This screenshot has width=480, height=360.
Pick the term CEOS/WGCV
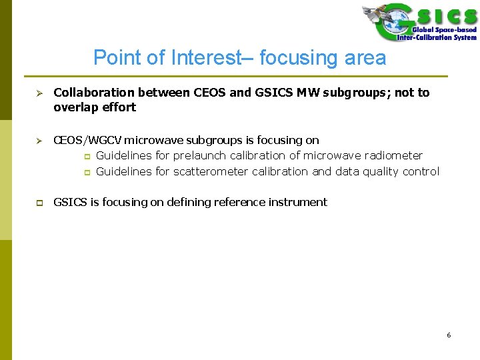pos(87,140)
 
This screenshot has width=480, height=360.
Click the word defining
pos(185,202)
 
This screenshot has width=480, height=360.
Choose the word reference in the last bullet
pos(237,202)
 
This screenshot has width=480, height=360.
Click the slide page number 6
pos(449,335)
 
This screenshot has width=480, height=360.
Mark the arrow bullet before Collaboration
pos(39,93)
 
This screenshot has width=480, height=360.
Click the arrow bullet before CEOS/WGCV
pos(39,141)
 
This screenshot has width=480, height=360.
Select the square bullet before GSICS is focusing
pos(39,203)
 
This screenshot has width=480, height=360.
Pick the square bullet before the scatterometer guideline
pos(86,172)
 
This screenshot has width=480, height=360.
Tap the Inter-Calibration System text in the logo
pos(437,37)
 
